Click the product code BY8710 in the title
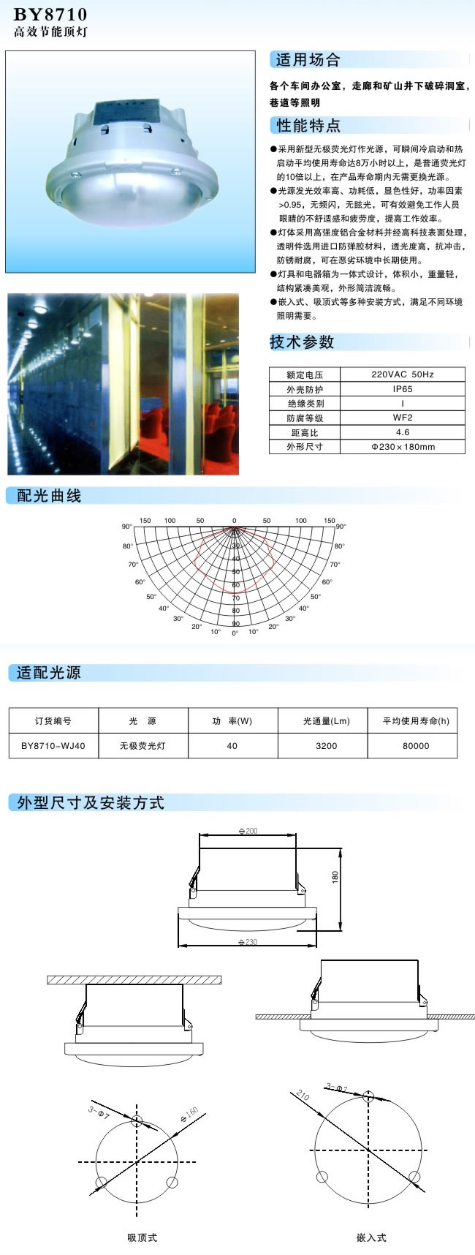tap(50, 14)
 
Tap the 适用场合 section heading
tap(308, 60)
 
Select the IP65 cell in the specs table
tap(402, 389)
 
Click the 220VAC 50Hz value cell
tap(402, 374)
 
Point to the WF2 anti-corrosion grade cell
tap(402, 418)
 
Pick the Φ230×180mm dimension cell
tap(402, 446)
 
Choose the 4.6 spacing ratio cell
tap(402, 432)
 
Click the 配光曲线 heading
tap(49, 496)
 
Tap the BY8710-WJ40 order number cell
tap(53, 746)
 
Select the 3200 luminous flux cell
tap(326, 746)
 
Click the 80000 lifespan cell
tap(416, 746)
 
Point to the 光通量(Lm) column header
tap(326, 721)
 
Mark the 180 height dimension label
tap(335, 876)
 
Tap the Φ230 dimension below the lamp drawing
tap(248, 942)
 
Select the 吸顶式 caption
tap(142, 1237)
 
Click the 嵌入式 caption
tap(371, 1237)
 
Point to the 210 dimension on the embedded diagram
tap(303, 1096)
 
